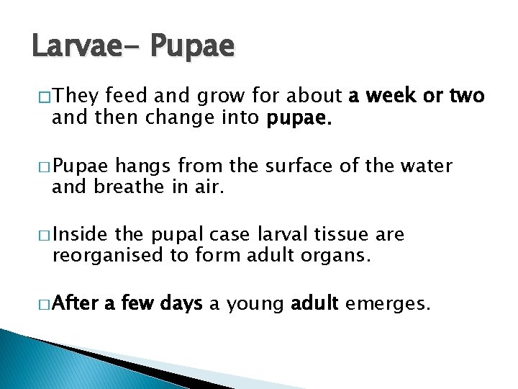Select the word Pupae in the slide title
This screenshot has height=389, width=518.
(x=193, y=46)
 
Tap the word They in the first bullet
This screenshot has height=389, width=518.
(x=76, y=96)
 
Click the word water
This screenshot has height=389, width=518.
(x=428, y=166)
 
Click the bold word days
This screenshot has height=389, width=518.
(x=179, y=305)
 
